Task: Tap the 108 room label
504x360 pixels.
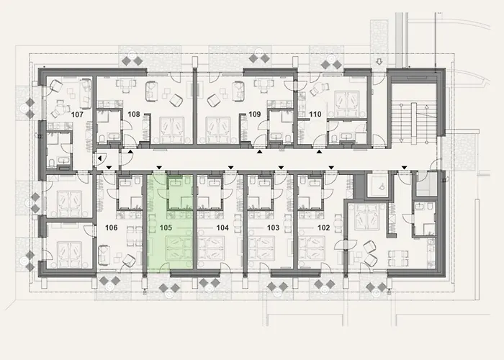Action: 133,113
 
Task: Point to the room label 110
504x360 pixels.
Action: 314,113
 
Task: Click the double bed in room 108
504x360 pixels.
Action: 172,130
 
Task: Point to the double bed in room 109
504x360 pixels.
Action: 217,130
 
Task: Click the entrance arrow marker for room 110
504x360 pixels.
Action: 319,153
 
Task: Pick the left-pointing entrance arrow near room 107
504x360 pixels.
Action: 99,159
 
